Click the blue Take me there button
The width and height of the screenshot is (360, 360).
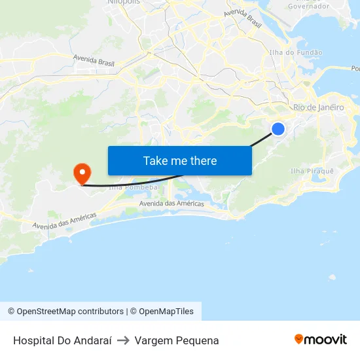179,160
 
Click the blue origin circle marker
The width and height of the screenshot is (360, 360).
278,129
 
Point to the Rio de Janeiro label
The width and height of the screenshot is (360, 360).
318,107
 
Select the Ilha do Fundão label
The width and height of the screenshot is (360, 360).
296,52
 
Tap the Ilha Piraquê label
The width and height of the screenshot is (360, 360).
312,171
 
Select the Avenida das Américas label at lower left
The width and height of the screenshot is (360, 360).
65,221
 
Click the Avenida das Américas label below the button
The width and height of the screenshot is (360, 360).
171,204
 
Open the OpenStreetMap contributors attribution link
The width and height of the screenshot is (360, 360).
65,312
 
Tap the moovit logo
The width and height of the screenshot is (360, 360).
320,339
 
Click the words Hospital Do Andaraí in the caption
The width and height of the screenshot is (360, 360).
62,340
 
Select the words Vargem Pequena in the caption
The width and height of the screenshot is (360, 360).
177,340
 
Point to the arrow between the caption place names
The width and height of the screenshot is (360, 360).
123,340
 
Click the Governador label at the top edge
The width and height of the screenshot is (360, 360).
308,6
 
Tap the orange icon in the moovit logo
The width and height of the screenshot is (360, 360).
299,338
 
